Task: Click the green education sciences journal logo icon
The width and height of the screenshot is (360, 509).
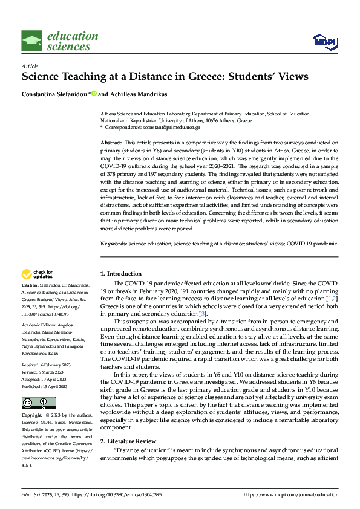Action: click(31, 41)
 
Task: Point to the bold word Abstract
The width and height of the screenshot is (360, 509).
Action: click(111, 142)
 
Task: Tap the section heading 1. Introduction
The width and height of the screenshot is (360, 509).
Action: click(121, 274)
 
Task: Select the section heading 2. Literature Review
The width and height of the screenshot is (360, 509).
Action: click(128, 441)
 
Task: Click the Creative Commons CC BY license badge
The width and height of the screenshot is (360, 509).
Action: click(38, 403)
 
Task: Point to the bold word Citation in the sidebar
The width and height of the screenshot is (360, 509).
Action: click(30, 284)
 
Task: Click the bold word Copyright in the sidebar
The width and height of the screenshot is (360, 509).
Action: click(32, 415)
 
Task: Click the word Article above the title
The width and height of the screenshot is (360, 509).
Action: click(30, 65)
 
